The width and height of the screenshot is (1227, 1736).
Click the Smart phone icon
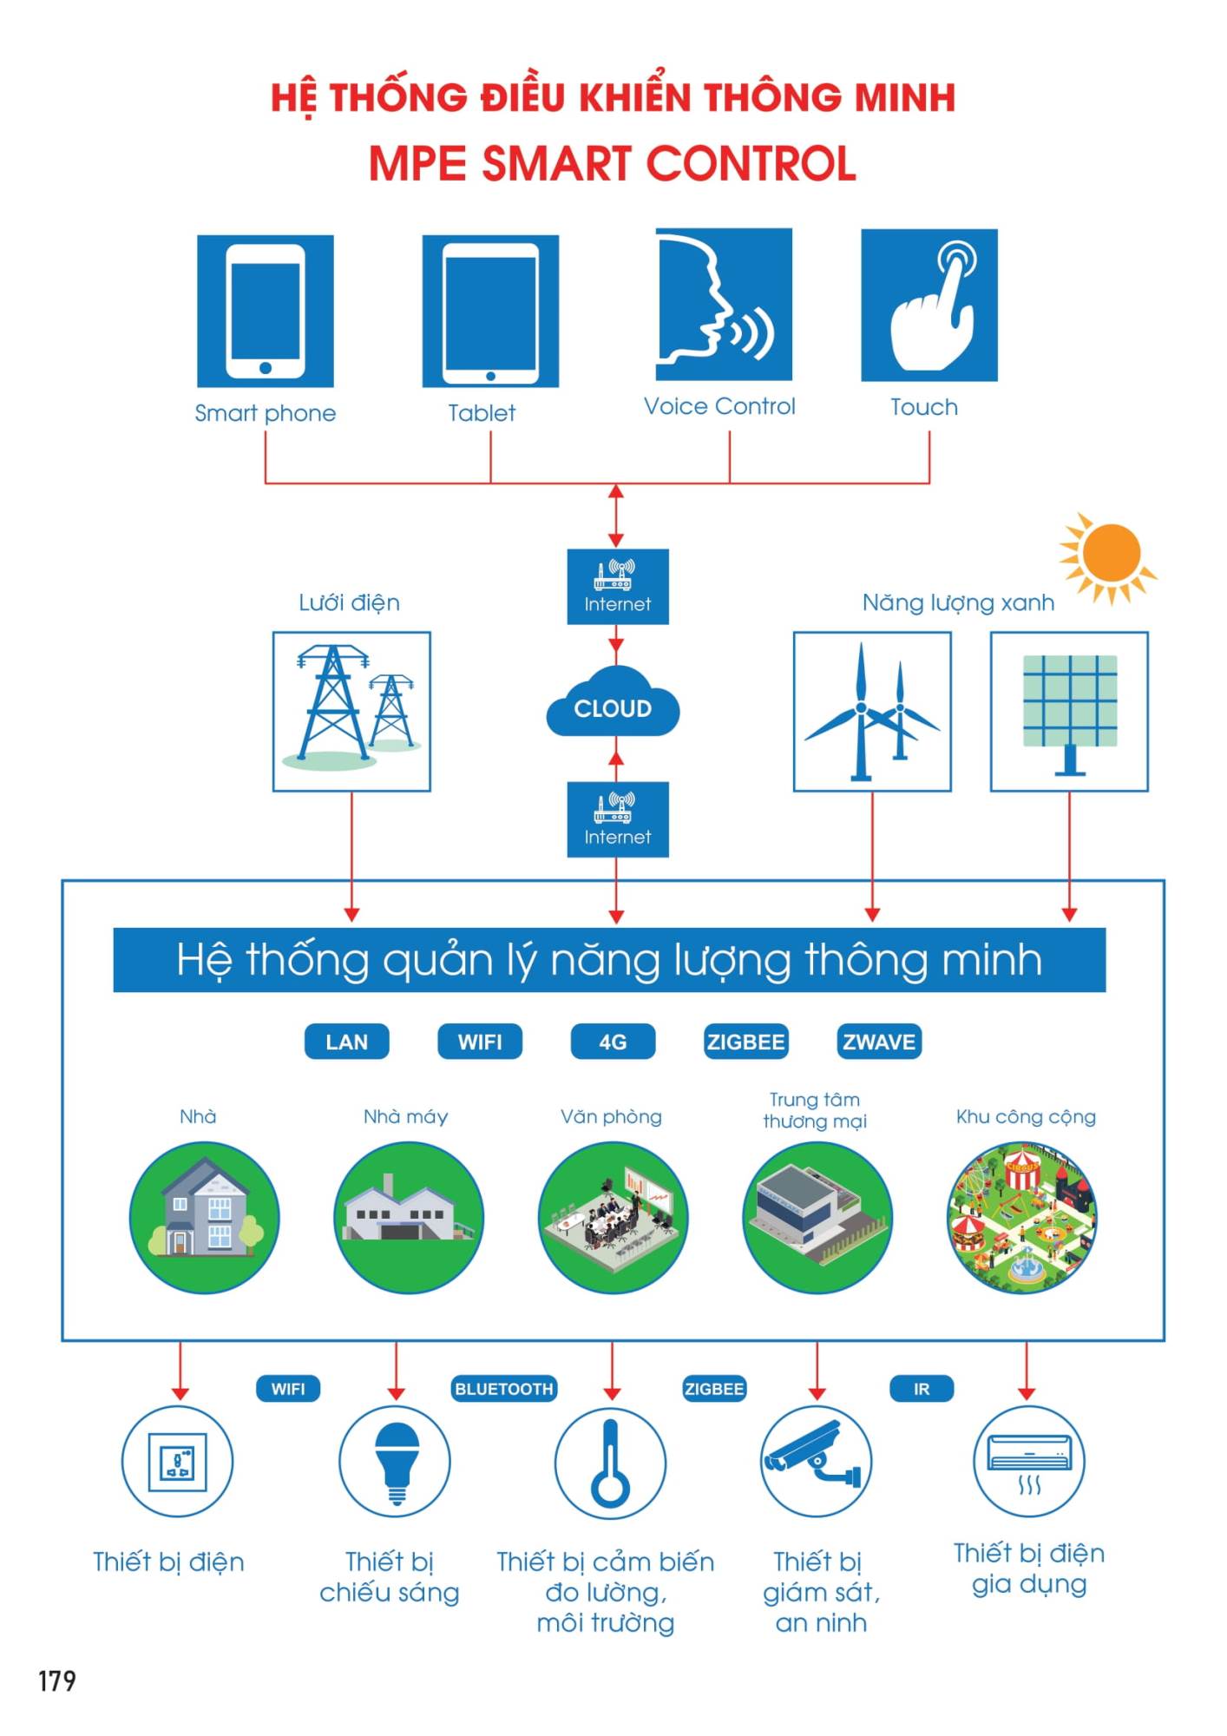point(266,311)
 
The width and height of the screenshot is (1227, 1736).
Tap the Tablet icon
point(490,311)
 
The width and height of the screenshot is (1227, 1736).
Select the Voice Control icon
point(723,304)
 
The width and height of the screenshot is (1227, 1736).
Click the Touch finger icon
point(928,305)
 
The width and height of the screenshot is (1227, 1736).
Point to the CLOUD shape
point(613,704)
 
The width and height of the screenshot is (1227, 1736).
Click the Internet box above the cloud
point(617,587)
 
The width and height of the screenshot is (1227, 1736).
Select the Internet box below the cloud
point(617,819)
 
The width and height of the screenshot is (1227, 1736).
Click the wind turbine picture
point(872,711)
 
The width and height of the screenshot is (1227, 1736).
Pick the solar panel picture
point(1069,711)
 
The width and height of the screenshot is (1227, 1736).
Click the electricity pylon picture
point(351,711)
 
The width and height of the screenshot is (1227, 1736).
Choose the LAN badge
point(346,1042)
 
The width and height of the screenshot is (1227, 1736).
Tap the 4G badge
point(613,1042)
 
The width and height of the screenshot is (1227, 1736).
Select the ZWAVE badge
point(879,1042)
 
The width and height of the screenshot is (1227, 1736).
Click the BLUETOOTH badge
point(503,1389)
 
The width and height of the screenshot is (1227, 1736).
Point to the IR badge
point(922,1389)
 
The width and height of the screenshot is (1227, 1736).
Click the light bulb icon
point(395,1463)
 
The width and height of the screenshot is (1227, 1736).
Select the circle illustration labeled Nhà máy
point(408,1217)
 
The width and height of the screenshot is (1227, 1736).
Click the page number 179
point(57,1681)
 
